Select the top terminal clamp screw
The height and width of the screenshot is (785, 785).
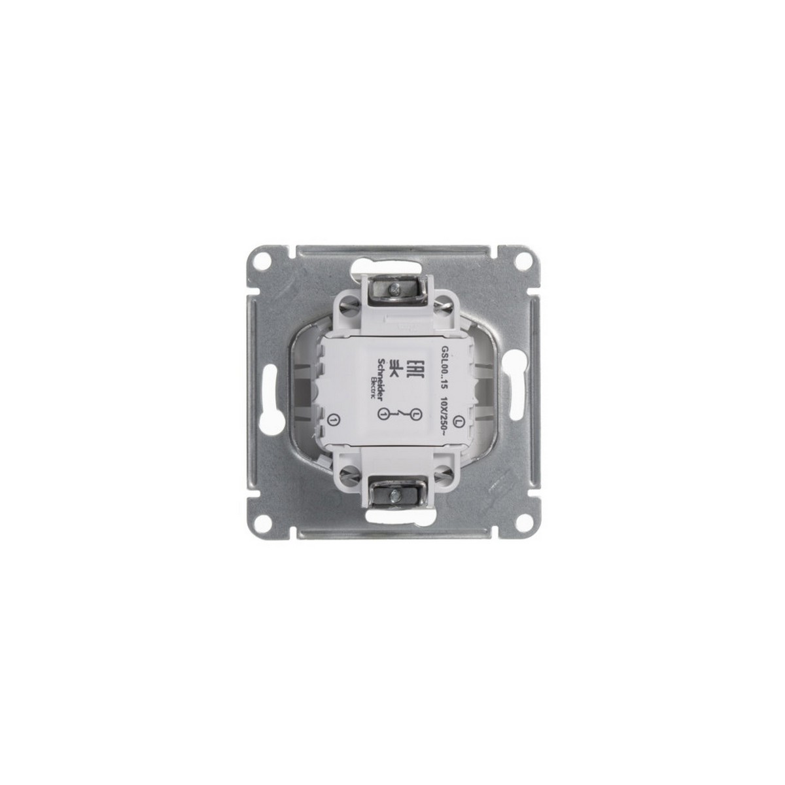[394, 287]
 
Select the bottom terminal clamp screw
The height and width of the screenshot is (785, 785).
[394, 497]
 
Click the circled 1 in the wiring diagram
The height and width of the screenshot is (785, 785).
[383, 413]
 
